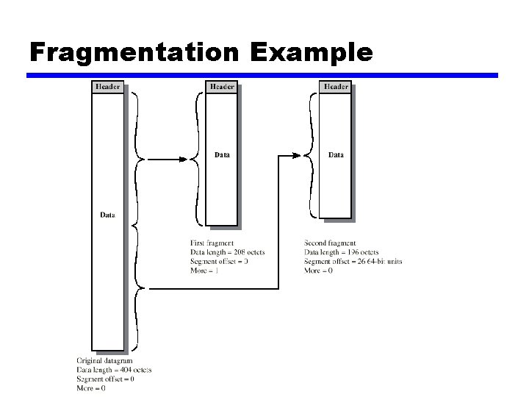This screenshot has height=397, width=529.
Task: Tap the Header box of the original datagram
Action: (x=107, y=87)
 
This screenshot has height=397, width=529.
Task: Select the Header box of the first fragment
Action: (x=221, y=87)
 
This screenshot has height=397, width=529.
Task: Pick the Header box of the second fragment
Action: (x=335, y=87)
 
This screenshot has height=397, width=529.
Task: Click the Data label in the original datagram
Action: (x=107, y=215)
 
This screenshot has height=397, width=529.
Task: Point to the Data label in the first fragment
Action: (x=222, y=154)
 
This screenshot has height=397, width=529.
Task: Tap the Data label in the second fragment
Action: (x=336, y=154)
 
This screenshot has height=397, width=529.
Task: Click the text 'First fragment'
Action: (x=212, y=243)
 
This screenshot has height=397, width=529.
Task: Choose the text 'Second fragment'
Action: (x=330, y=243)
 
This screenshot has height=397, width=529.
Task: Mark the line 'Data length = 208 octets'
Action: (x=227, y=252)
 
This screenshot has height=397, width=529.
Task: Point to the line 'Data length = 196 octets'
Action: (x=341, y=252)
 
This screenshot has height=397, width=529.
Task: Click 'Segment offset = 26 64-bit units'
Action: (x=353, y=262)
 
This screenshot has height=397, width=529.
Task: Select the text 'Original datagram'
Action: (x=104, y=360)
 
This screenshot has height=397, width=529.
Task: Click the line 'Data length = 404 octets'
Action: (x=114, y=370)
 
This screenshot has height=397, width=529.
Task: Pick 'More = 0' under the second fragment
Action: (x=318, y=271)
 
